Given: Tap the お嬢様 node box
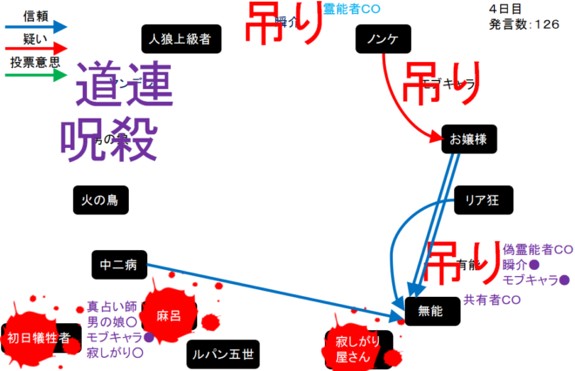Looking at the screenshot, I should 468,138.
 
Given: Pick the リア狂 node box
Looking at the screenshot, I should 482,201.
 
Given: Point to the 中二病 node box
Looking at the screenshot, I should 120,264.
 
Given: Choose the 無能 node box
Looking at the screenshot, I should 431,310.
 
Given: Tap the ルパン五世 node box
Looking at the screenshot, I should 224,354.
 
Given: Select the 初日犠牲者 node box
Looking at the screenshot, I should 38,339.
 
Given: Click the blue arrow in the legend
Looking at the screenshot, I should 36,26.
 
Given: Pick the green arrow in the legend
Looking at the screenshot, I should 36,76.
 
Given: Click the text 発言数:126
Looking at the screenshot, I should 524,24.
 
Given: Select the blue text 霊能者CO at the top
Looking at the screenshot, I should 352,9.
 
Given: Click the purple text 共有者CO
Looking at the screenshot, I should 493,300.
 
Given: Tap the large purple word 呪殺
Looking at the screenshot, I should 109,137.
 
